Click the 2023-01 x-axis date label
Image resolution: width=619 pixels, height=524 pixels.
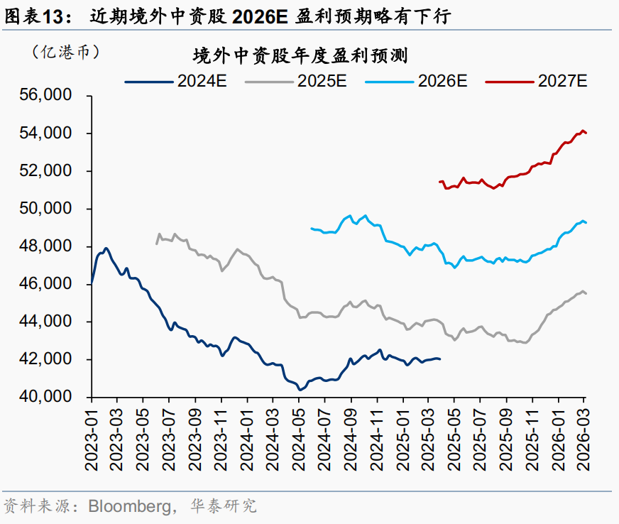(x=92, y=440)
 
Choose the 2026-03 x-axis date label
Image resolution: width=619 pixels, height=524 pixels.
(x=584, y=440)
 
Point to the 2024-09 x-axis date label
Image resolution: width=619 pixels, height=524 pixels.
(x=351, y=440)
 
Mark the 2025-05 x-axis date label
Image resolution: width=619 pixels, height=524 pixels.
(x=454, y=440)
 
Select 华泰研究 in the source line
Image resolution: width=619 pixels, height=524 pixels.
(x=224, y=507)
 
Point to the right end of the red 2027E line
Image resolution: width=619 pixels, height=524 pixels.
(x=586, y=133)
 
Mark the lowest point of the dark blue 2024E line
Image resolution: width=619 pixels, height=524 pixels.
(x=300, y=389)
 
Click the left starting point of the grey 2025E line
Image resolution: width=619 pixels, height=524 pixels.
(x=156, y=244)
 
